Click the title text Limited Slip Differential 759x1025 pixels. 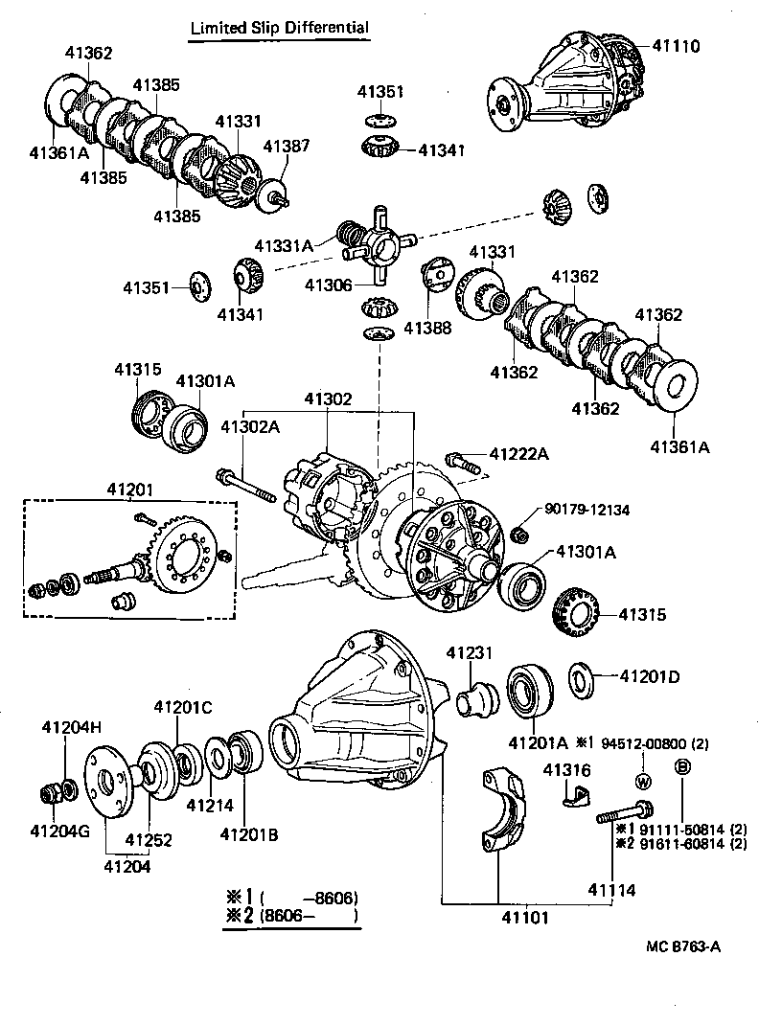(x=279, y=28)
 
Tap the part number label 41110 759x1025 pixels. (x=678, y=46)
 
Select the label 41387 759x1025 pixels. (x=287, y=146)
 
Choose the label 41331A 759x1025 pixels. (x=284, y=245)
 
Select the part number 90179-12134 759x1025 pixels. (x=586, y=511)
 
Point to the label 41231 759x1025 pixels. (x=469, y=652)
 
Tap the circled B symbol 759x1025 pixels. (x=682, y=766)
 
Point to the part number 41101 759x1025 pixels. (x=497, y=918)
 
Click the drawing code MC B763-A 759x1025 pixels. (x=683, y=945)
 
